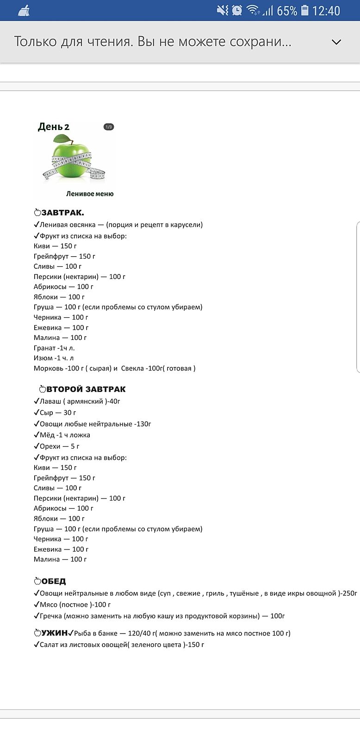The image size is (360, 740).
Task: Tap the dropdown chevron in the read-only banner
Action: click(336, 42)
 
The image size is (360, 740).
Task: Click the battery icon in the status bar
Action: click(304, 10)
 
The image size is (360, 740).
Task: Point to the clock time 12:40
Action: click(326, 11)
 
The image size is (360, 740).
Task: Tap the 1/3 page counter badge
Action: click(109, 127)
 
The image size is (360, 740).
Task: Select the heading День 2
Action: click(54, 127)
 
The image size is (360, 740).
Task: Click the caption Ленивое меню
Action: click(90, 194)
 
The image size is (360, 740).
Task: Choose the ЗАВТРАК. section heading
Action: click(62, 213)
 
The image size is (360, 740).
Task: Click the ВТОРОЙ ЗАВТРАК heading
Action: click(86, 389)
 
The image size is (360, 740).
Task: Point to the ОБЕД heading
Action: click(54, 581)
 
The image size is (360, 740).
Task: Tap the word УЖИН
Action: click(55, 633)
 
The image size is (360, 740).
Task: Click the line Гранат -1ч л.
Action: click(54, 348)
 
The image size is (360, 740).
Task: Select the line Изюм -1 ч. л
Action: click(54, 358)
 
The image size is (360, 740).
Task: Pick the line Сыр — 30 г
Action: click(57, 413)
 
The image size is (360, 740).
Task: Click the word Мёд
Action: click(47, 435)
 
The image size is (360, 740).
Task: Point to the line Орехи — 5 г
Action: click(59, 446)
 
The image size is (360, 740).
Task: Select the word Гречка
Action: click(51, 616)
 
